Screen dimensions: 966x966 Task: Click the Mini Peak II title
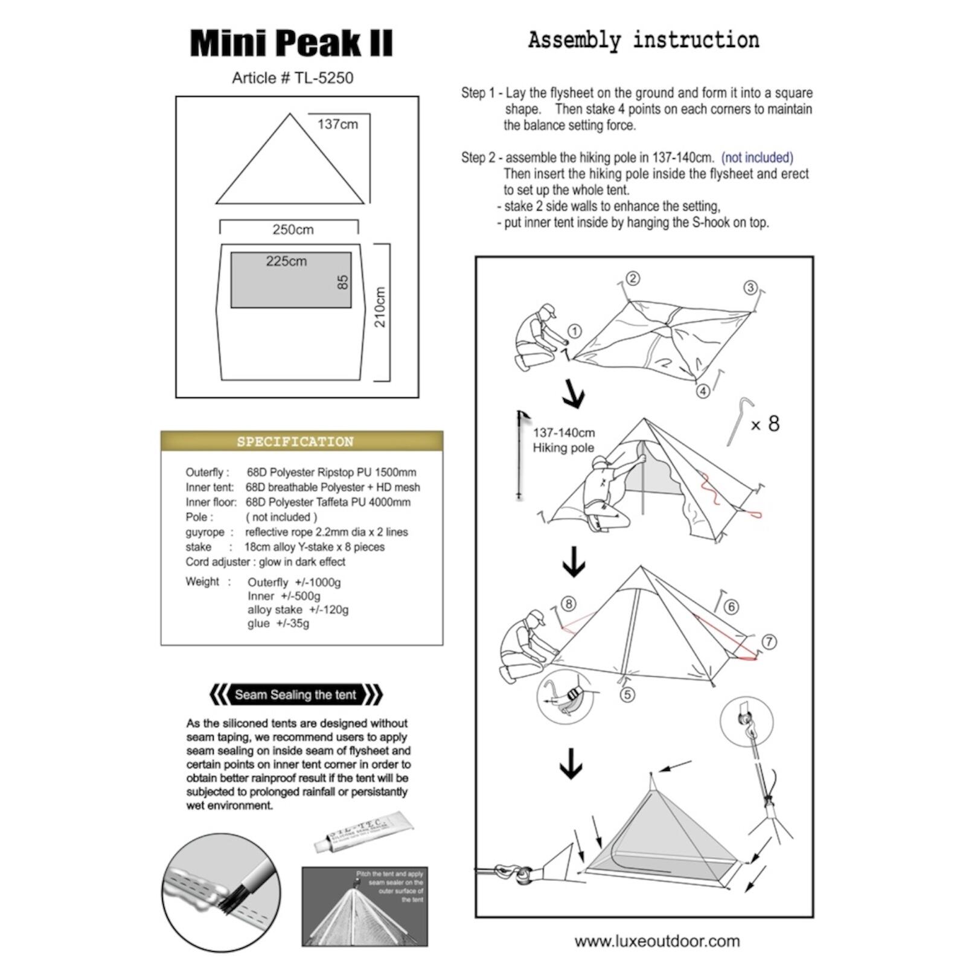(291, 43)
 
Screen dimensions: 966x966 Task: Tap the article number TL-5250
(292, 78)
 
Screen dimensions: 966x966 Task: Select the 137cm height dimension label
(337, 124)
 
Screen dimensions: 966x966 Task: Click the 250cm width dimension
(293, 229)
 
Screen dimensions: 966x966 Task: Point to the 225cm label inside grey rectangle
(286, 261)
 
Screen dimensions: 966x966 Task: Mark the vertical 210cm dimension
(380, 307)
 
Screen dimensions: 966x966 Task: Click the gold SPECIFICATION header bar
(301, 441)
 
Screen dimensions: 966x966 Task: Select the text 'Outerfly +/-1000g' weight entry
(294, 582)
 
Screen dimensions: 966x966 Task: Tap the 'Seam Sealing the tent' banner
(295, 695)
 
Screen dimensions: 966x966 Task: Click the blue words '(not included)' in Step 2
(757, 158)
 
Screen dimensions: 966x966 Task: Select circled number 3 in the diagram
(750, 287)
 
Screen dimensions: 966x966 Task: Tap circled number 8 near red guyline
(568, 603)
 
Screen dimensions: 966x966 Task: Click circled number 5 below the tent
(627, 694)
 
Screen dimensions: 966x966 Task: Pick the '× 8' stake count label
(765, 424)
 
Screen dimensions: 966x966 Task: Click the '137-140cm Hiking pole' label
(563, 440)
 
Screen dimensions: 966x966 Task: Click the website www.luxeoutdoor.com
(657, 941)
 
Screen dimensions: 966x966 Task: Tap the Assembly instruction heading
(644, 40)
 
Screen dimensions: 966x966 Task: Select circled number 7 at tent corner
(769, 642)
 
